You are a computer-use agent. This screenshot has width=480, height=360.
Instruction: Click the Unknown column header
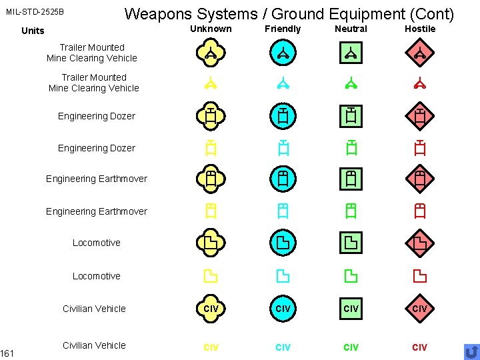point(211,29)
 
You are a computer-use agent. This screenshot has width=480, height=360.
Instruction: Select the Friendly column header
point(283,29)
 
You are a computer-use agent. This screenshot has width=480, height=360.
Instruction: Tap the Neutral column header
point(351,29)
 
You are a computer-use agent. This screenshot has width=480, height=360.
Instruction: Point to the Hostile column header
point(420,29)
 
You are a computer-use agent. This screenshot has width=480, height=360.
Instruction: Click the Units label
point(33,31)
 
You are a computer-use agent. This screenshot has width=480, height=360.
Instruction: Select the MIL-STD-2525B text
point(35,12)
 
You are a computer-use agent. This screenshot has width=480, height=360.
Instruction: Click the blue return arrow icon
point(471,351)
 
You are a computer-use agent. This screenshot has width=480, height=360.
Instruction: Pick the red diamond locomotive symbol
point(420,242)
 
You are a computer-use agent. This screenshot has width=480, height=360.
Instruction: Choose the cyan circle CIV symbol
point(283,308)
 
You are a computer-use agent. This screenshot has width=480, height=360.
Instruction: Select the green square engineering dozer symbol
point(351,116)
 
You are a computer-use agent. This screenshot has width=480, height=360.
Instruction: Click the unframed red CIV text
point(420,347)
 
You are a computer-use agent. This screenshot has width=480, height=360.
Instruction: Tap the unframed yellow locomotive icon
point(210,275)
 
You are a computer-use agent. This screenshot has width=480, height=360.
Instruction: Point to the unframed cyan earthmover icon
point(283,211)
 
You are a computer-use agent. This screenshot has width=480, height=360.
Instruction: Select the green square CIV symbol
point(351,308)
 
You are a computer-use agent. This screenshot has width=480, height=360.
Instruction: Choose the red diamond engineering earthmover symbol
point(420,179)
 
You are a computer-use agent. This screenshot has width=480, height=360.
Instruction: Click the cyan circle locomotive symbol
point(283,242)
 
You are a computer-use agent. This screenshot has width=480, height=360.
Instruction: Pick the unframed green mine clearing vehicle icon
point(351,84)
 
